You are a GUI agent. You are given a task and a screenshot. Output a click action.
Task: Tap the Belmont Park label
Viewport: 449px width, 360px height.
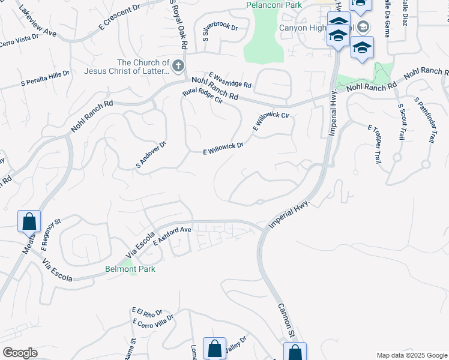[x=130, y=269]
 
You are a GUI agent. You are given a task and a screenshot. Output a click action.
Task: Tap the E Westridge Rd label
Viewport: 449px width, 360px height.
[x=230, y=80]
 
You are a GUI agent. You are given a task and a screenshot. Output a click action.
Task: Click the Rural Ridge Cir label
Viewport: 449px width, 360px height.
[x=202, y=96]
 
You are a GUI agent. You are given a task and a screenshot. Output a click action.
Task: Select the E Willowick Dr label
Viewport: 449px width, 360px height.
[x=223, y=148]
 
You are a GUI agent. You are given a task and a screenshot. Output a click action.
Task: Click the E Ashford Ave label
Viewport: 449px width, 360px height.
[x=172, y=236]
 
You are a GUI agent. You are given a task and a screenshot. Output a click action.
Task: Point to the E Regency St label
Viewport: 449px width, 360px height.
[x=51, y=235]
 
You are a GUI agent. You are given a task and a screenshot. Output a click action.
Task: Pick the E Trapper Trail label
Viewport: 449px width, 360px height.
[x=375, y=144]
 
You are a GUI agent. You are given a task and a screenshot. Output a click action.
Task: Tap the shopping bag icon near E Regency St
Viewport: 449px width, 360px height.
[x=29, y=221]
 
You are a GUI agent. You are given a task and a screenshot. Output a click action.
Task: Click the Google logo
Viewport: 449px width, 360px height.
[x=20, y=353]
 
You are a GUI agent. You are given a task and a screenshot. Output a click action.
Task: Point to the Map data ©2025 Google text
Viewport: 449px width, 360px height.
[x=411, y=355]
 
